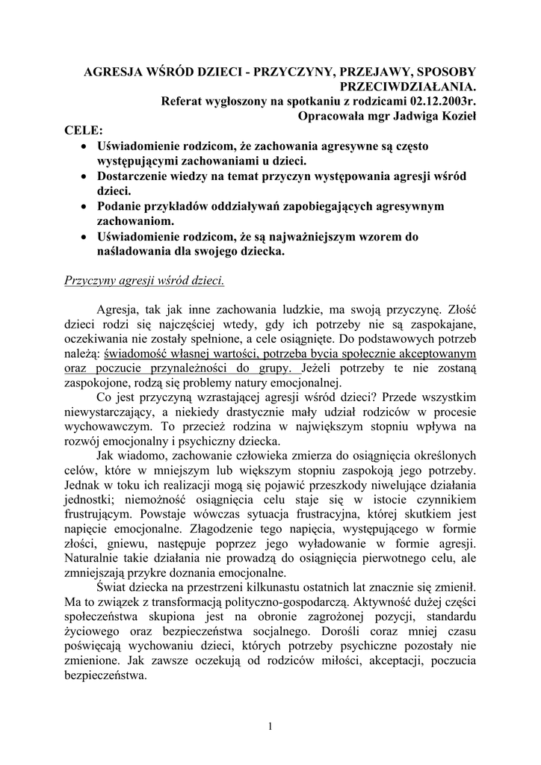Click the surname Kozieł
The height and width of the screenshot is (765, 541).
(457, 116)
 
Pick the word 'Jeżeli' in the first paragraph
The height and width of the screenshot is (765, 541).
(318, 368)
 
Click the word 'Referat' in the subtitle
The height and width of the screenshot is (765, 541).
(183, 101)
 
